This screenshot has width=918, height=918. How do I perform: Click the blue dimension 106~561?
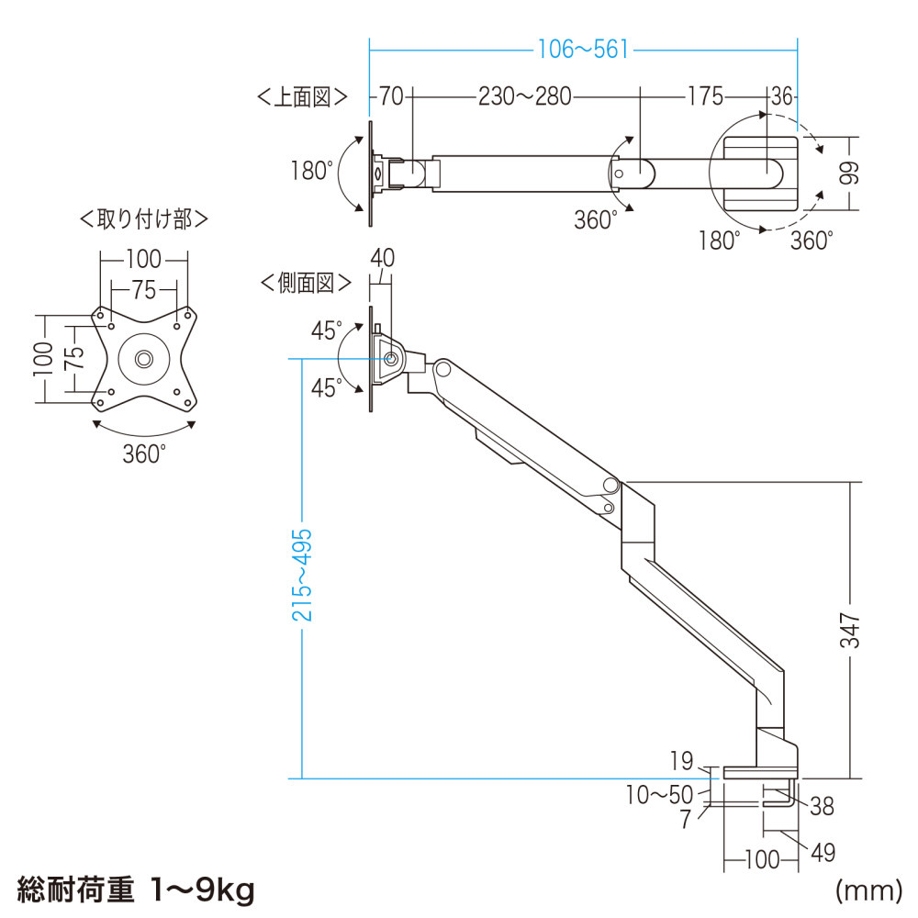(584, 50)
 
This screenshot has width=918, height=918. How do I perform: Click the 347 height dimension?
(853, 631)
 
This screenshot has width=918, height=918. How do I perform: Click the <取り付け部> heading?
(143, 219)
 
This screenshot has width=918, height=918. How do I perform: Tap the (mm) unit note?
(866, 889)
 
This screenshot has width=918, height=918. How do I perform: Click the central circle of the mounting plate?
(143, 359)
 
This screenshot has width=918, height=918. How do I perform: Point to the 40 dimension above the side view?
(381, 259)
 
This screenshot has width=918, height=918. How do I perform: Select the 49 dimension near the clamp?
(823, 853)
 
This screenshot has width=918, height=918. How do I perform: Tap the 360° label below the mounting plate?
(144, 453)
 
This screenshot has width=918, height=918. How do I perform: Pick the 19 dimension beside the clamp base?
(681, 760)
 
